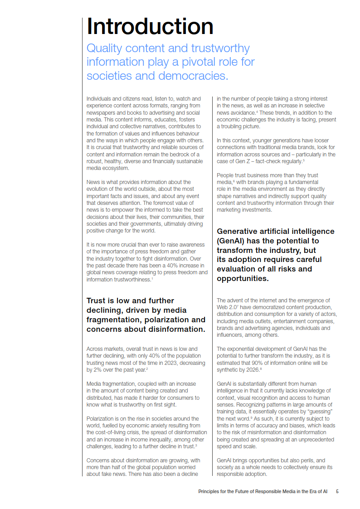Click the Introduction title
coord(150,26)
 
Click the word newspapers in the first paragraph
coord(100,112)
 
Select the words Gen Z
coord(243,161)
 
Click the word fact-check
coord(268,161)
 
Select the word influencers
coord(230,335)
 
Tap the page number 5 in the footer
coord(337,491)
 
